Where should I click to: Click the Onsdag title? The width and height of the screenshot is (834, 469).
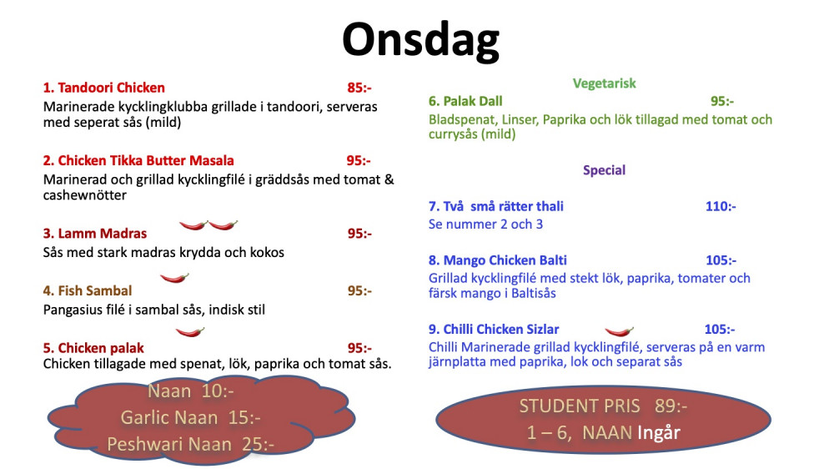(420, 41)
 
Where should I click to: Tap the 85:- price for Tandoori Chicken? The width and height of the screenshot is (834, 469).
(359, 88)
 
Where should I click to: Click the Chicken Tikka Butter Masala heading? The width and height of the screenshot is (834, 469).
(138, 161)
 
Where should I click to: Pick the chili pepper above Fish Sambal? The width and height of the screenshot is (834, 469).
(174, 277)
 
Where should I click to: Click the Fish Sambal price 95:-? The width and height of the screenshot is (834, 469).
(359, 290)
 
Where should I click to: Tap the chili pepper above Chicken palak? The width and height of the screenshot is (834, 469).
(190, 332)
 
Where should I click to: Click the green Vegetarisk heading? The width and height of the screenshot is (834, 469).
(604, 83)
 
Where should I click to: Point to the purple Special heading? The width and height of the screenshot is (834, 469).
(604, 170)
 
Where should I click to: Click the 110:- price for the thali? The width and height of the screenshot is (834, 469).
(721, 207)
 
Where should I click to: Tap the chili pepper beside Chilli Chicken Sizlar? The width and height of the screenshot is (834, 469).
(619, 331)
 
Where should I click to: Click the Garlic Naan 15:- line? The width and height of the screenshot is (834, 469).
(190, 418)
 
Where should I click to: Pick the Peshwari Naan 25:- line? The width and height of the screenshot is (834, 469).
(190, 445)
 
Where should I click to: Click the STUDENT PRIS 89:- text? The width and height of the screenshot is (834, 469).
(603, 406)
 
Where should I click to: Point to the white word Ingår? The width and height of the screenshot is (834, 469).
(659, 433)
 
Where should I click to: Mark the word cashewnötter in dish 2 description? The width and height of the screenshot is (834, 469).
(84, 195)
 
